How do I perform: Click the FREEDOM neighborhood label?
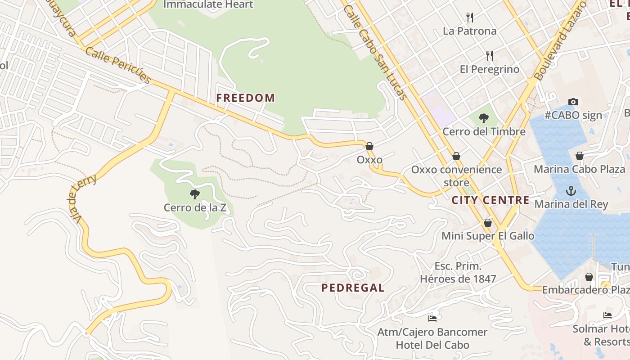click(x=245, y=98)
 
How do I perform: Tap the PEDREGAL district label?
click(x=353, y=288)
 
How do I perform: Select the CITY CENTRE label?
click(x=490, y=200)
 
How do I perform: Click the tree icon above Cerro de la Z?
click(x=194, y=194)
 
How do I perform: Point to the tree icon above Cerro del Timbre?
click(x=484, y=119)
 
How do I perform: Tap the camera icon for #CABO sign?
click(x=573, y=102)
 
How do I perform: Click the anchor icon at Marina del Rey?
click(x=571, y=191)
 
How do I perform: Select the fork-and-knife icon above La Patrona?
click(x=470, y=18)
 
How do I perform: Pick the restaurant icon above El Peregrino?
click(x=490, y=56)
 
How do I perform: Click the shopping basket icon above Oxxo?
click(x=369, y=146)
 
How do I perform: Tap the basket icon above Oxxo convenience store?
click(x=456, y=156)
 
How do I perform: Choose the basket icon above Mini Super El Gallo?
click(x=488, y=223)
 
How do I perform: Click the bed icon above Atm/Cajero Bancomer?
click(x=432, y=319)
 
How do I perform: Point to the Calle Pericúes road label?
click(x=118, y=65)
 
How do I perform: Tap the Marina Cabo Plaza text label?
click(x=579, y=169)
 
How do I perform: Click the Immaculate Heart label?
click(x=208, y=4)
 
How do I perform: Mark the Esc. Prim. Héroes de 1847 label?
click(x=458, y=272)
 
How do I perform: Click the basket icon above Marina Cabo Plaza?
click(x=580, y=156)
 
